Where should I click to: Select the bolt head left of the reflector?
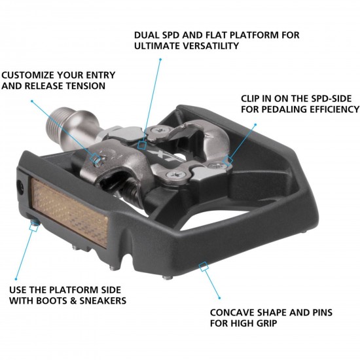point(21,187)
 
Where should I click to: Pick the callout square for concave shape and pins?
point(204,266)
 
